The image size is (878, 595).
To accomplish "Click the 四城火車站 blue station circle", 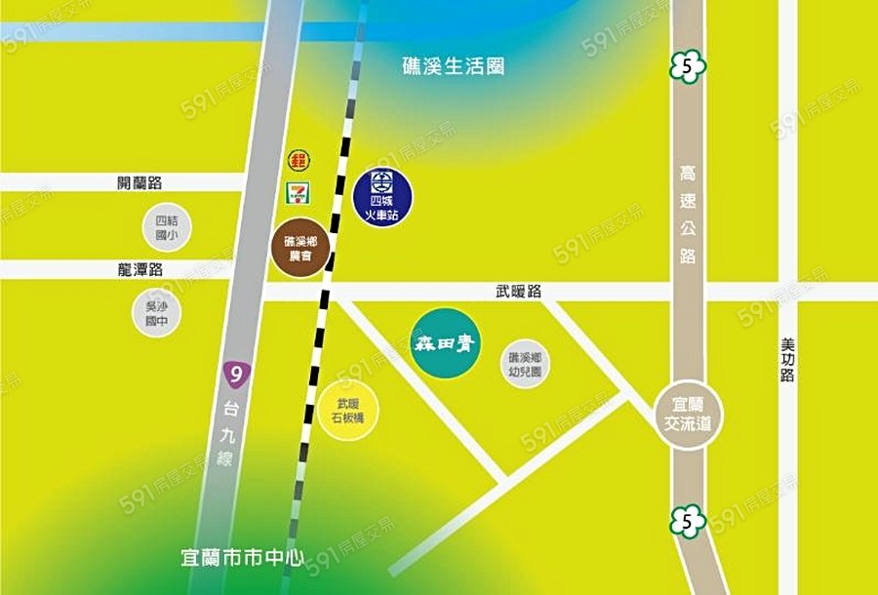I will click(382, 190).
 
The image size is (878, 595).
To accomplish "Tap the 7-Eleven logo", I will click(297, 192).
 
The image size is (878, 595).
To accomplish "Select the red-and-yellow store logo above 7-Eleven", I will click(299, 160).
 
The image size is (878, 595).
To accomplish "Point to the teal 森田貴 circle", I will click(445, 343).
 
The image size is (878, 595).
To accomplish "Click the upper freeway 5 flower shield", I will click(689, 67).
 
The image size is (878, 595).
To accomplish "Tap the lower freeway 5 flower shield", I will click(689, 522).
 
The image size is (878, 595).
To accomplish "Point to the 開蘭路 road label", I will click(140, 182).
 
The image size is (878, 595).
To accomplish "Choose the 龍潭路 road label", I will click(140, 268).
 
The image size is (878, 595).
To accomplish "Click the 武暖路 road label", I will click(518, 291).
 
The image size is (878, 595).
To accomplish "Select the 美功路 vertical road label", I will click(787, 361).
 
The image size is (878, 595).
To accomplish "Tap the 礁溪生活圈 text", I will click(454, 67).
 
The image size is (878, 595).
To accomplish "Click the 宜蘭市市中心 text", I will click(243, 560).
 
